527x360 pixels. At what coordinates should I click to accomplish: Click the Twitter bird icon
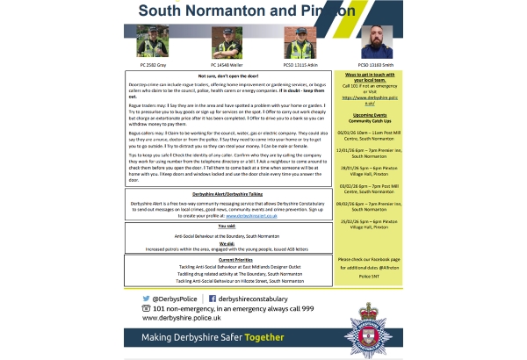[x=146, y=299]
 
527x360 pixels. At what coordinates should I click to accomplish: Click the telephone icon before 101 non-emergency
[x=146, y=308]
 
